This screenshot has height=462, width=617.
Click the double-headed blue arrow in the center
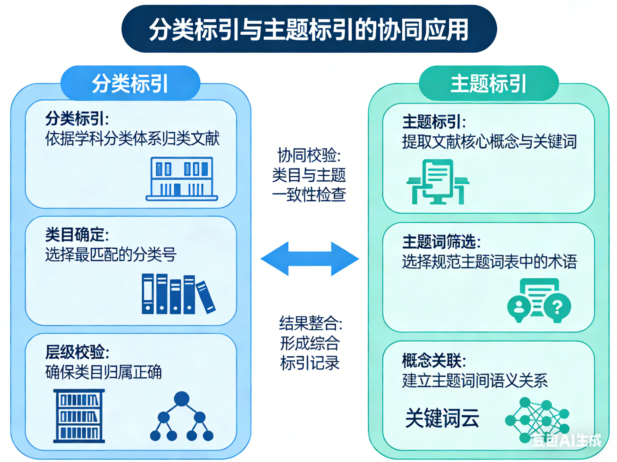[310, 259]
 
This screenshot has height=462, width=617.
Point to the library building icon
[182, 178]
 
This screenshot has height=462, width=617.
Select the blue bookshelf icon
[79, 416]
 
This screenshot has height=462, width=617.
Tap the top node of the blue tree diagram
[182, 398]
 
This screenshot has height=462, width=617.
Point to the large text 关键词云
[442, 418]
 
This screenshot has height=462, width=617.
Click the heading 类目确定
[77, 235]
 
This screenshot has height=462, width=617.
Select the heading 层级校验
[77, 352]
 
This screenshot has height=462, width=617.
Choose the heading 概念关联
[434, 360]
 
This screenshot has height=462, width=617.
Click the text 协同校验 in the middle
[309, 155]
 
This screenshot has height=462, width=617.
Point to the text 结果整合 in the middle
[310, 323]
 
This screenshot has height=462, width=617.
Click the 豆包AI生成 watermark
[567, 441]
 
